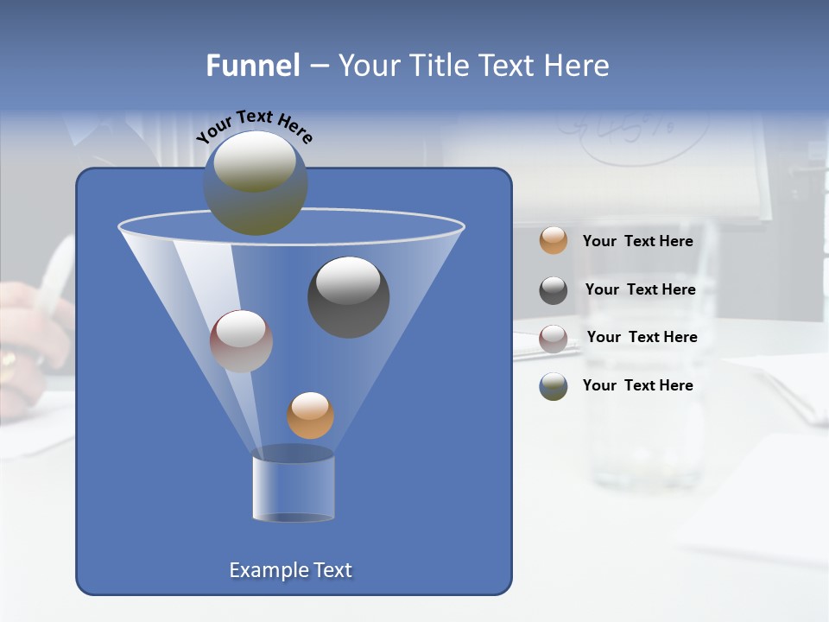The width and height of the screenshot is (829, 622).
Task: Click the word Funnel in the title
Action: point(252,66)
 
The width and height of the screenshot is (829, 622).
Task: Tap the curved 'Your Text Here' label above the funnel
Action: point(255,125)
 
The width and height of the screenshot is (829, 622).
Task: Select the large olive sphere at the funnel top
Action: point(256,183)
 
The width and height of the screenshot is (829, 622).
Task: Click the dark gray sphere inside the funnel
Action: point(349,297)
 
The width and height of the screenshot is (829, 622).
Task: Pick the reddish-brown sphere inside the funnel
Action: point(241,341)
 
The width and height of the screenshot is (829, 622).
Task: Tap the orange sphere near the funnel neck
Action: point(310,416)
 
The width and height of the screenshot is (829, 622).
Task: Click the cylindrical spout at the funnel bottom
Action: point(294,486)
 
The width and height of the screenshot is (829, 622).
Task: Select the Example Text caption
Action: point(291,570)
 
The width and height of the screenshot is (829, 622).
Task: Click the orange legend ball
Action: point(554,241)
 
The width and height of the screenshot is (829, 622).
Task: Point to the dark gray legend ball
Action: point(554,290)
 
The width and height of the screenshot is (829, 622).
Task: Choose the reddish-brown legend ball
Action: point(554,338)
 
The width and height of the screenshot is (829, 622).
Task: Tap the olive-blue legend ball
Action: point(554,386)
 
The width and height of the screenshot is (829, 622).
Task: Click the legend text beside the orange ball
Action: point(638,242)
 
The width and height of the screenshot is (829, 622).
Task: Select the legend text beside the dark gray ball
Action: point(641,290)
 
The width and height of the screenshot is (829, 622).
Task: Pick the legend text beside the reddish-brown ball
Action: point(642,337)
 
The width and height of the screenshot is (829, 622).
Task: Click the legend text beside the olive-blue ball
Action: point(638,385)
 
